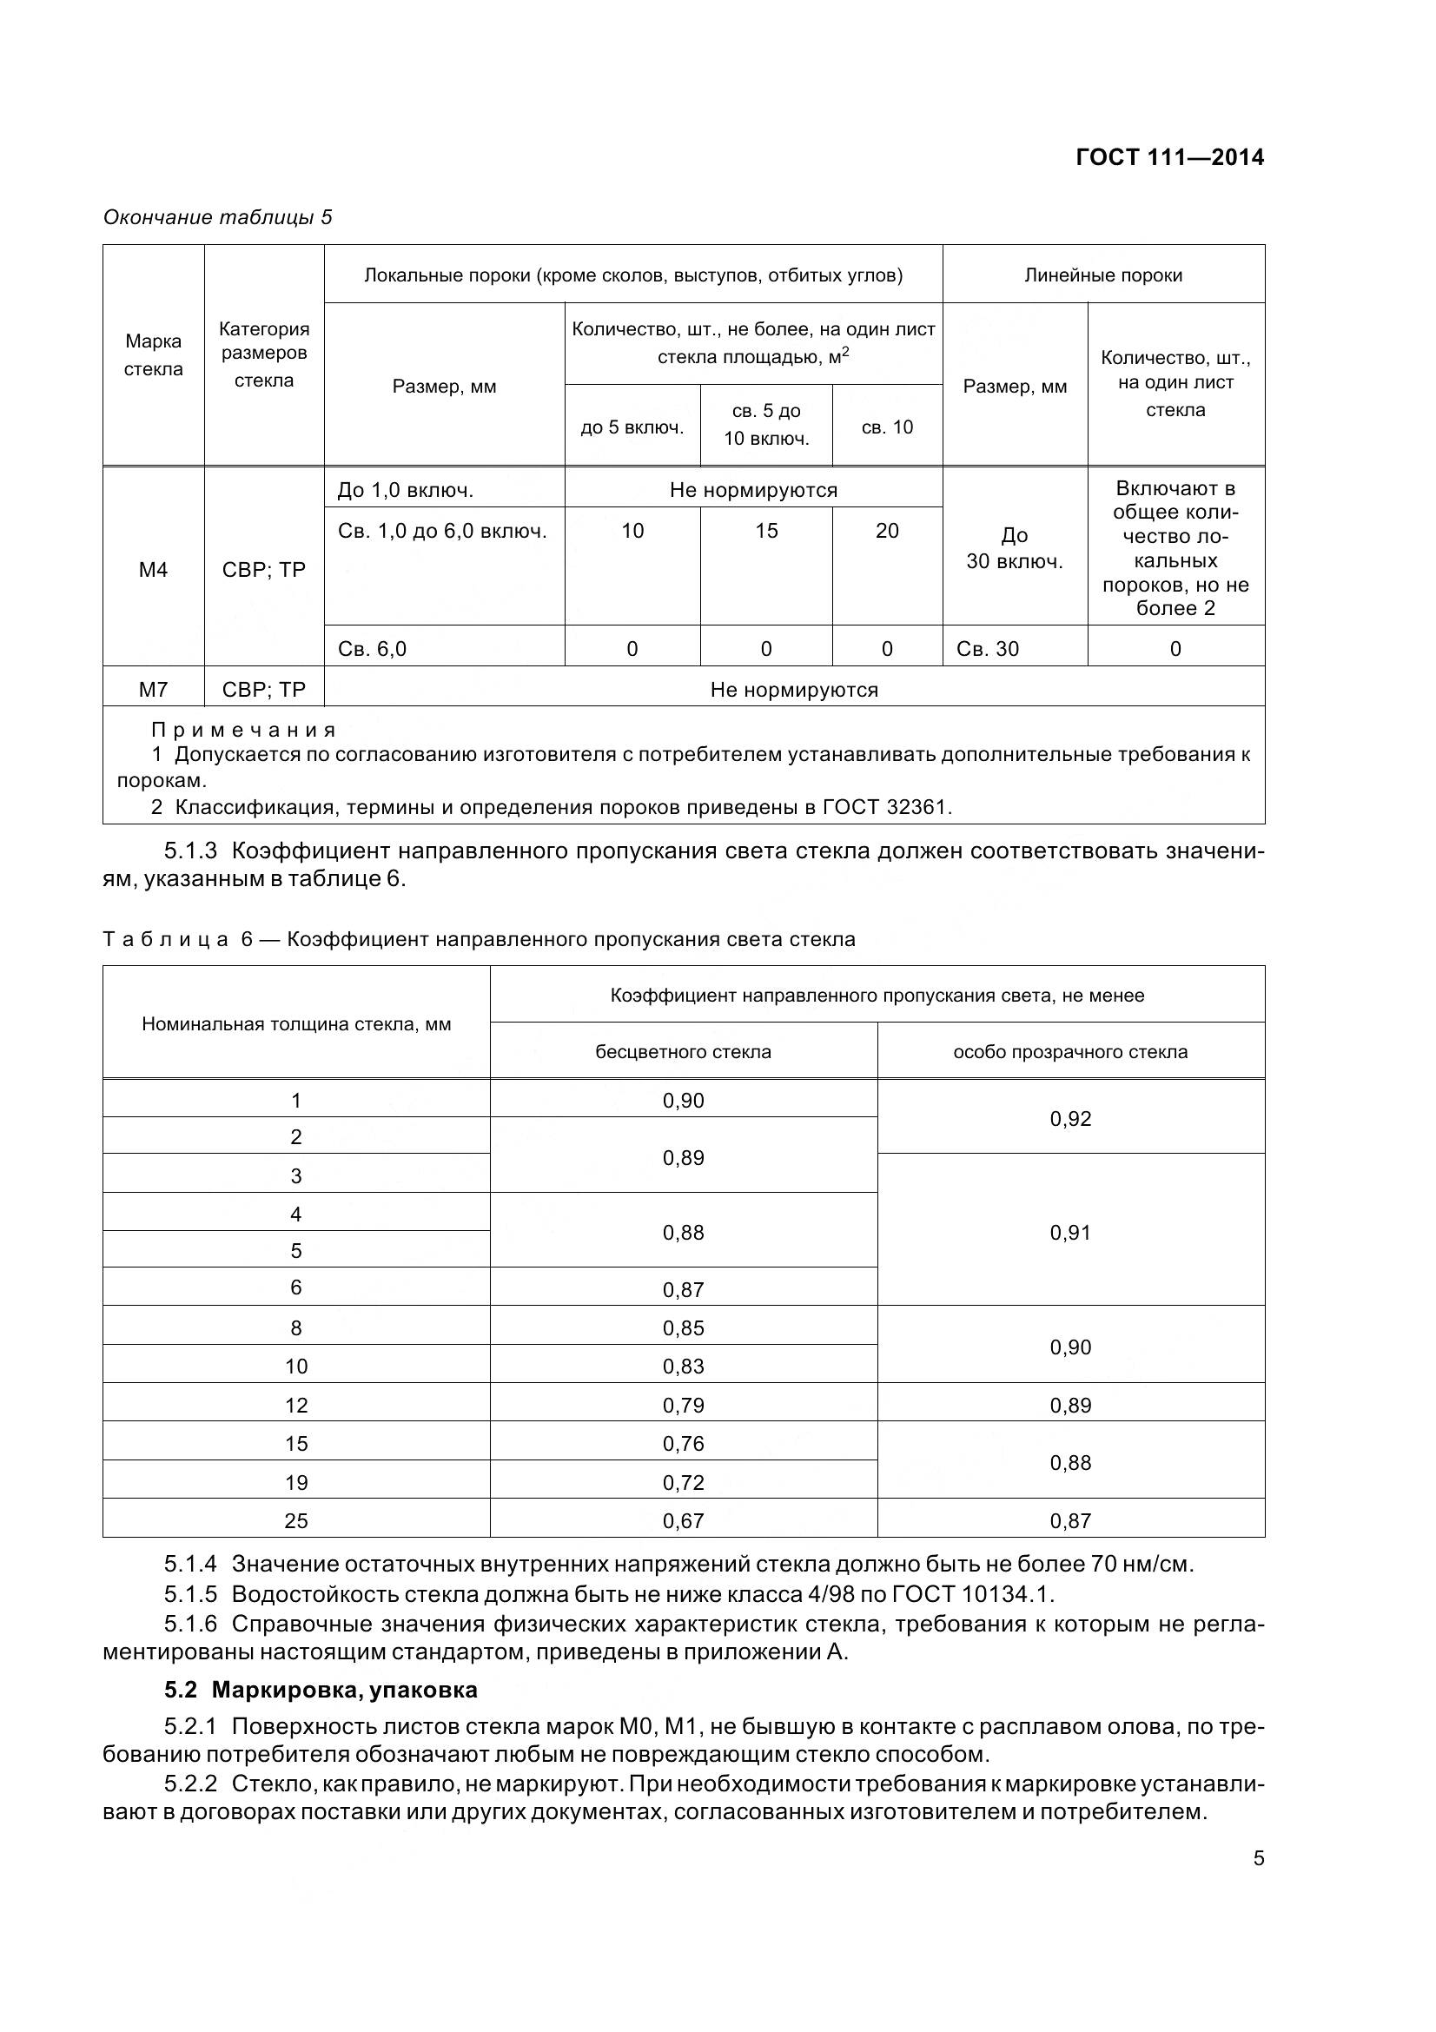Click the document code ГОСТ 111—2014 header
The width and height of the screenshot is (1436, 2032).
[x=1168, y=157]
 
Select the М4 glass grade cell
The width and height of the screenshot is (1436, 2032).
[x=153, y=570]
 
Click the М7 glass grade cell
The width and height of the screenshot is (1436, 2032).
[x=153, y=690]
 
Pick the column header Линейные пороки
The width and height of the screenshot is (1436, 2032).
[x=1102, y=275]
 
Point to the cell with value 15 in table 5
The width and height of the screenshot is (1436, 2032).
[x=765, y=531]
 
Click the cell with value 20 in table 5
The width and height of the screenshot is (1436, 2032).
[x=887, y=531]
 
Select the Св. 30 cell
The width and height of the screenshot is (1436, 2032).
[x=988, y=649]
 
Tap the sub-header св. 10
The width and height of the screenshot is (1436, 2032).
[x=887, y=427]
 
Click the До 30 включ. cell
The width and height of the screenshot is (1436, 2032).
[x=1014, y=548]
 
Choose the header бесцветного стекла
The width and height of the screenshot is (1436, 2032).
[x=683, y=1052]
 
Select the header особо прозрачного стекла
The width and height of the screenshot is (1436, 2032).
[x=1069, y=1052]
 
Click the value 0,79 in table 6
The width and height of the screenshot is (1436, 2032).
[x=683, y=1406]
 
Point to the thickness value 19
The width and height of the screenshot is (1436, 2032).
[x=295, y=1482]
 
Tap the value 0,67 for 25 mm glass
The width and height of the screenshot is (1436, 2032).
[x=683, y=1521]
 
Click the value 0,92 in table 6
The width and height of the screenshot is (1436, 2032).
[x=1069, y=1119]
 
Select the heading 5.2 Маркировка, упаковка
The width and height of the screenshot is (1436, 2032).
[x=321, y=1690]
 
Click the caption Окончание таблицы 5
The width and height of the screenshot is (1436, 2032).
[x=218, y=217]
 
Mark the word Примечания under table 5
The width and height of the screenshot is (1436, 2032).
[x=244, y=730]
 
